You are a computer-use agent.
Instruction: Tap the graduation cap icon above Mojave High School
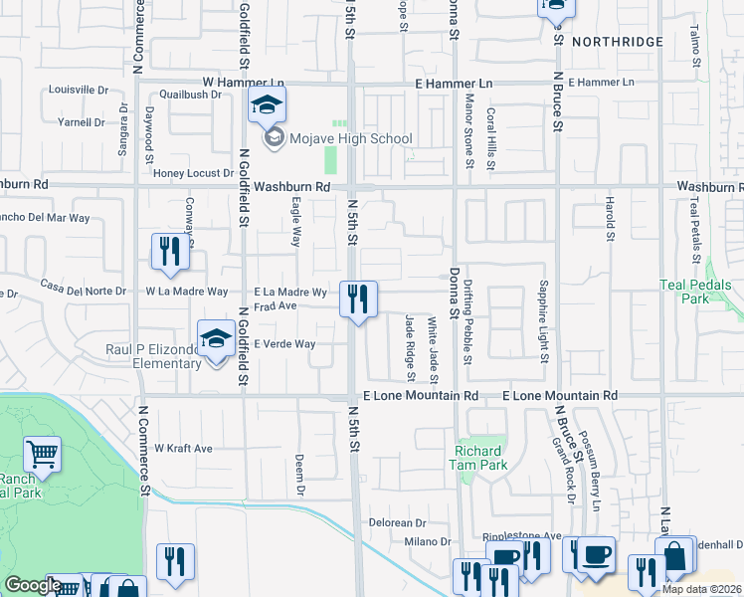267,104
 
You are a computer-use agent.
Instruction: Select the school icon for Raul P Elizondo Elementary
216,339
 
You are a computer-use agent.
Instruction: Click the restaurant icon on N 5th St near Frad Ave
358,298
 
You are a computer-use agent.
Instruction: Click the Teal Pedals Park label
700,291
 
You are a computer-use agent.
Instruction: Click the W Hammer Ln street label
244,83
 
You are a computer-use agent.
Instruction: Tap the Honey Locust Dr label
193,173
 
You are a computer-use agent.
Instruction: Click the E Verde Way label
284,344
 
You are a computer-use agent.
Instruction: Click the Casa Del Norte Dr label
84,292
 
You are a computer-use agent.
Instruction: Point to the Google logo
33,585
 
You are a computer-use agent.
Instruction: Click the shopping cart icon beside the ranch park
42,455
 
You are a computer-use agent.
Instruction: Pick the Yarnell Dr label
82,122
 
